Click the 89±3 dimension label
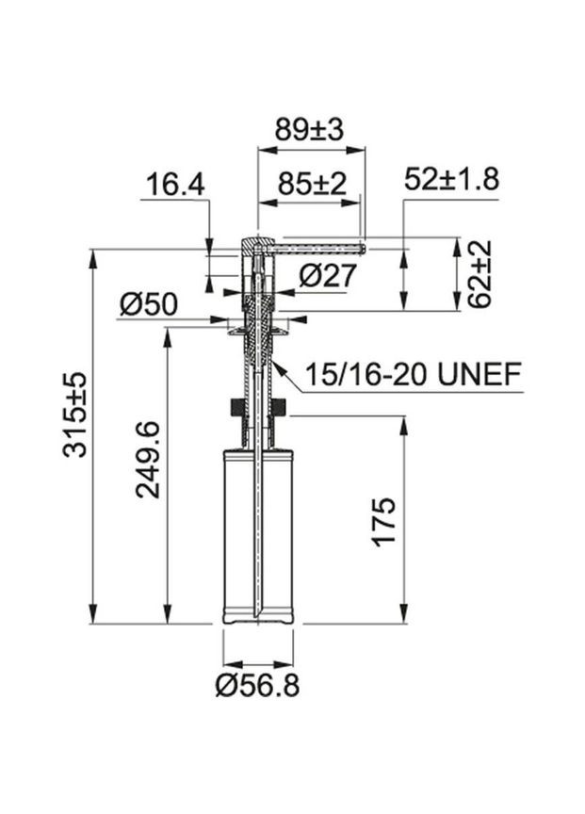[309, 130]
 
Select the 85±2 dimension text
[312, 184]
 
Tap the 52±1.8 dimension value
[451, 179]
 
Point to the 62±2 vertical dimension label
[479, 273]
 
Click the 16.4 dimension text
[175, 185]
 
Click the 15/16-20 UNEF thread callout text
[413, 374]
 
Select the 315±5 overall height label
[74, 415]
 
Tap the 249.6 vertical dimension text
[148, 460]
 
